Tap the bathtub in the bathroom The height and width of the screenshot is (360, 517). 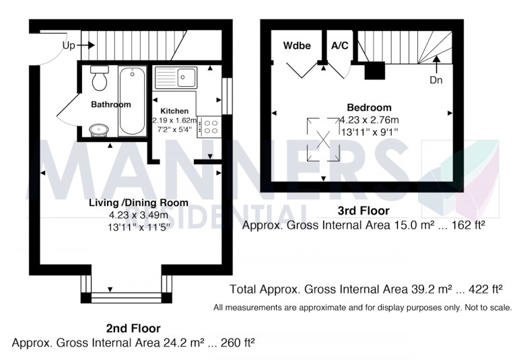tap(129, 100)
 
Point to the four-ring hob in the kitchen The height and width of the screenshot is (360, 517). tap(209, 127)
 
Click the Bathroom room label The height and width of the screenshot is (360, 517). tap(111, 105)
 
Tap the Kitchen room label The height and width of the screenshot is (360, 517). tap(174, 111)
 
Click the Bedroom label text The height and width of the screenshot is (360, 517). tap(369, 108)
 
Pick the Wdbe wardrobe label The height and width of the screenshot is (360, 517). tap(297, 46)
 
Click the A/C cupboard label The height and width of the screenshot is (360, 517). tap(340, 46)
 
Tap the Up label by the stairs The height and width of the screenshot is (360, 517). tap(69, 45)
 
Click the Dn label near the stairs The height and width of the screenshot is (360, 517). tap(437, 79)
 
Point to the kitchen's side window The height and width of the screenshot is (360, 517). tap(227, 95)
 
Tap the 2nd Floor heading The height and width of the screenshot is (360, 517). tap(133, 328)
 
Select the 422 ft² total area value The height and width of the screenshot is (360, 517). tap(487, 290)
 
